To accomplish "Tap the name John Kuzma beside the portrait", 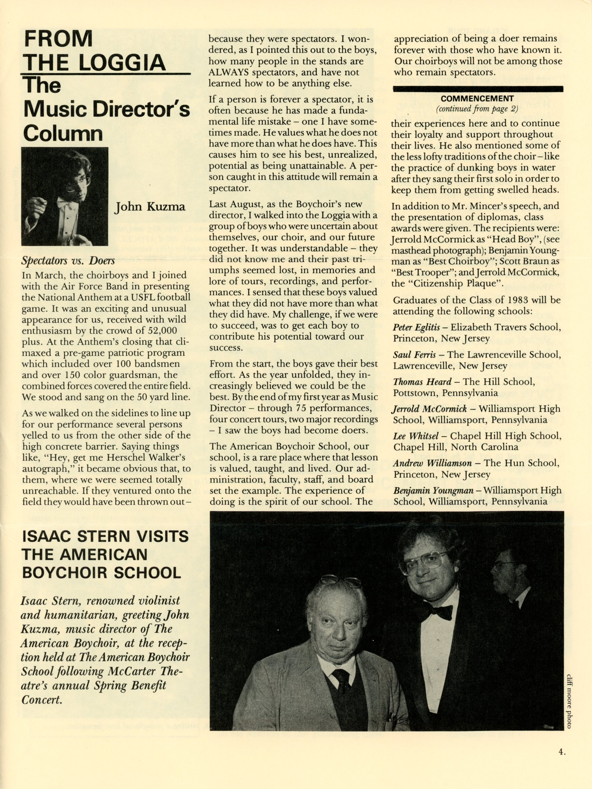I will point(150,207).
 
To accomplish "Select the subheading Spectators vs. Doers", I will point(68,261).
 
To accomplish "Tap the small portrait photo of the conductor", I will point(65,197).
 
